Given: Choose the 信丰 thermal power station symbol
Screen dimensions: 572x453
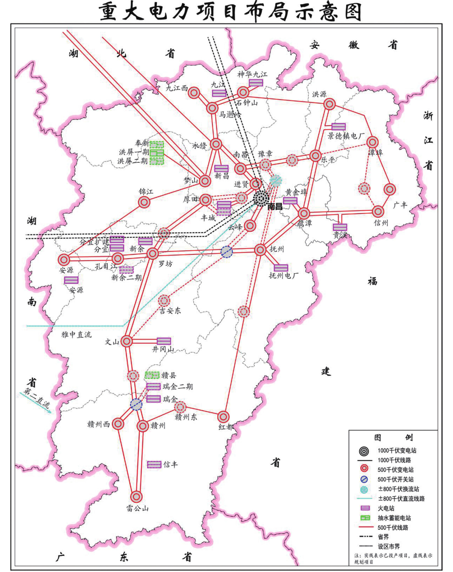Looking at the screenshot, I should pos(154,464).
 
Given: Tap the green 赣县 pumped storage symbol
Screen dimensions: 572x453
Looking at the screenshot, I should pos(152,375).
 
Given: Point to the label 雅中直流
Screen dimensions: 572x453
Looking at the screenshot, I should pos(76,335).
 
